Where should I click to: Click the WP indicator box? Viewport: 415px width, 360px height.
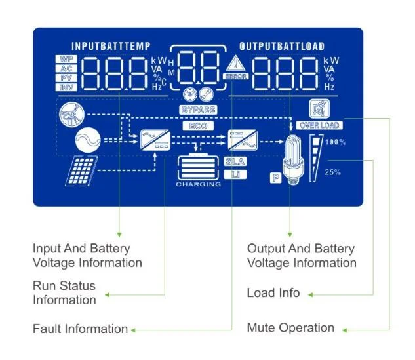point(66,59)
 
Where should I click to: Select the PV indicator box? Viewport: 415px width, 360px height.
point(66,78)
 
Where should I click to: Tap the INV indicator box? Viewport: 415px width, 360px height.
point(66,87)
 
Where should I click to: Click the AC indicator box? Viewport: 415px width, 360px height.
point(66,69)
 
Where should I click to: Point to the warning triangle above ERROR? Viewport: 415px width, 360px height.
point(235,63)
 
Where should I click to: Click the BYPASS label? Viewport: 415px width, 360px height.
point(198,110)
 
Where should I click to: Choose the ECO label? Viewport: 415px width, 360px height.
point(198,126)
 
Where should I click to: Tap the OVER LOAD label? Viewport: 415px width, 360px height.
point(319,125)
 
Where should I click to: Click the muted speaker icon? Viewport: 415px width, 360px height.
point(320,109)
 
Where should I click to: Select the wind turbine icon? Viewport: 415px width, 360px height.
point(71,115)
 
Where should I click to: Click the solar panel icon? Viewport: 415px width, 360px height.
point(81,171)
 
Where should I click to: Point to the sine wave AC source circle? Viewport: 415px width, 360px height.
point(88,140)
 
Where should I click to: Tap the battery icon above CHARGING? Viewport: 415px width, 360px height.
point(198,167)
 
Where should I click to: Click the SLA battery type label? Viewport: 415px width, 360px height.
point(235,161)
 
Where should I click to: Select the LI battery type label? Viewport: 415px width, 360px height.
point(235,174)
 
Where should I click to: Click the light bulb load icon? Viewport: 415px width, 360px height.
point(292,159)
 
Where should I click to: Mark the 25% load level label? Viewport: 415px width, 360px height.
point(332,172)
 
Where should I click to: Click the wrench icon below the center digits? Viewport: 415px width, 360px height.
point(206,94)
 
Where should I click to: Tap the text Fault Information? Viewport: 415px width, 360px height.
point(81,329)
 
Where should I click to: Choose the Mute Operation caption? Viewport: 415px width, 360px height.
point(290,328)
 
